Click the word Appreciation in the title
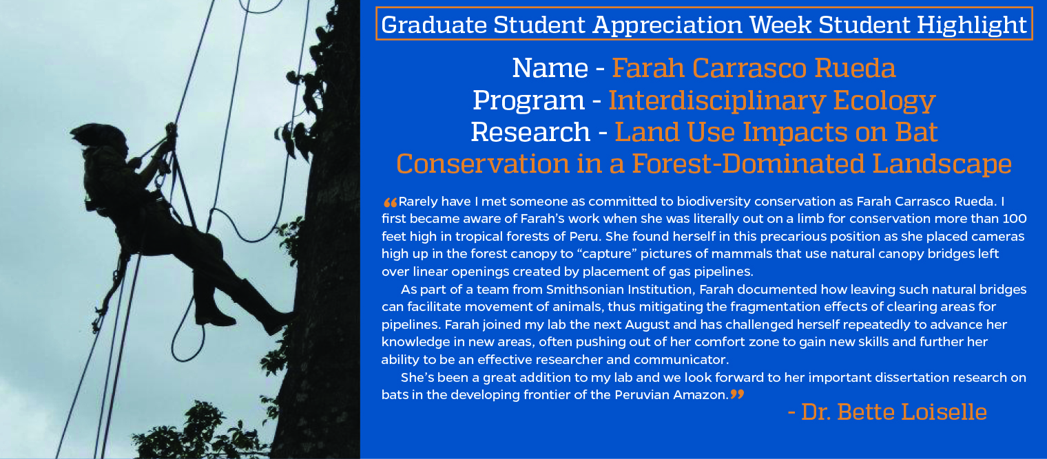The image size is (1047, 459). point(667,25)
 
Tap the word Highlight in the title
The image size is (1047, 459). point(971,25)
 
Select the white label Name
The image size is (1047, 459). point(550,68)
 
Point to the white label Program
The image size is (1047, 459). point(528,101)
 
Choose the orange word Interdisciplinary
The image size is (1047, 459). point(716,101)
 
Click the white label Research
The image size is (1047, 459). point(530,132)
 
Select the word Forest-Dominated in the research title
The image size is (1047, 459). point(748,164)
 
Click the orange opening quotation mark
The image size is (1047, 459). point(391,202)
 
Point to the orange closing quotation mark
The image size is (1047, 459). point(737,394)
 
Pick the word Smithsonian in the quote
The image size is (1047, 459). point(584,290)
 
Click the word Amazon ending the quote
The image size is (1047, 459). point(701,395)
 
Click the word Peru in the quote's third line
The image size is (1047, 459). point(584,236)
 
